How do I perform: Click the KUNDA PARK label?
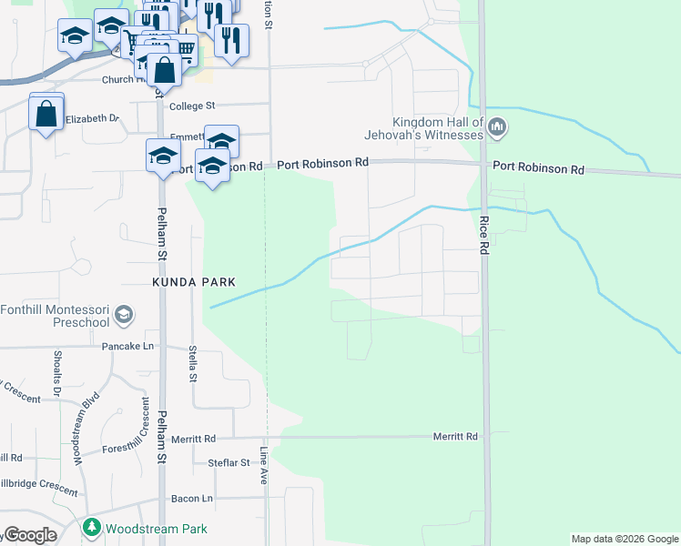[x=189, y=283]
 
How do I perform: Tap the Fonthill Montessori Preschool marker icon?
[x=125, y=316]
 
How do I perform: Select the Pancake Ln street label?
[x=129, y=347]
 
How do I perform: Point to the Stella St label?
[x=192, y=363]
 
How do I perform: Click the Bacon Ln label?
[x=191, y=499]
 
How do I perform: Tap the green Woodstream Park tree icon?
[x=92, y=528]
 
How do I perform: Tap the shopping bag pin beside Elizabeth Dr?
[x=46, y=114]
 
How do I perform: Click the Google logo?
[x=29, y=535]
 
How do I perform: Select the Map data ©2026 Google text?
[x=625, y=539]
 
